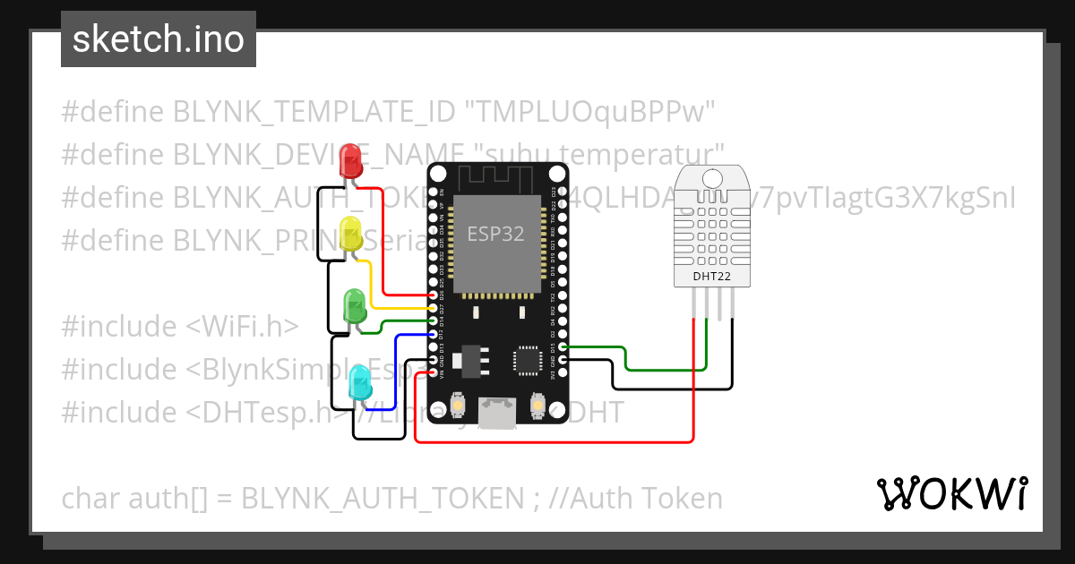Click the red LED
tap(350, 161)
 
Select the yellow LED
tap(351, 234)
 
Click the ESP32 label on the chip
tap(495, 233)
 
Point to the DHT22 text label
tap(711, 277)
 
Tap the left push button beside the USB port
tap(457, 406)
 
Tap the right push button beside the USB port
tap(538, 406)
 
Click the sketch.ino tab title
tap(159, 39)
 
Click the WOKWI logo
tap(951, 494)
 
